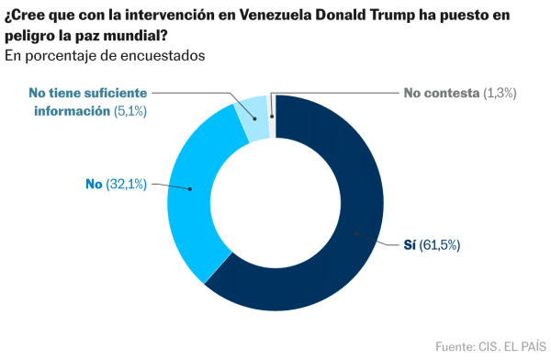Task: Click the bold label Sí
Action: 410,245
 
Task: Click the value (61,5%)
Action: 440,245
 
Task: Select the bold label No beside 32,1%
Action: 93,185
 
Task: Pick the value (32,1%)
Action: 125,185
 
